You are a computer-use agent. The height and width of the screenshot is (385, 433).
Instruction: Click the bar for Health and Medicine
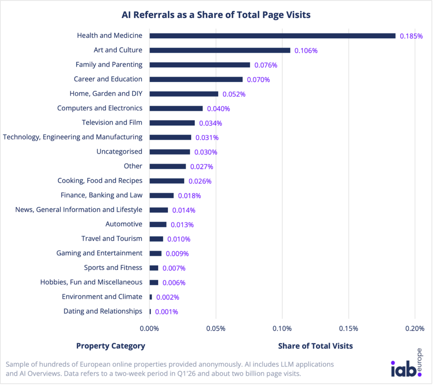tap(272, 36)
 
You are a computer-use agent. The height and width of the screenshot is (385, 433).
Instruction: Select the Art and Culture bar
tap(220, 50)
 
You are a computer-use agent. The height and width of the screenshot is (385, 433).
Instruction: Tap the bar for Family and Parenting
tap(200, 65)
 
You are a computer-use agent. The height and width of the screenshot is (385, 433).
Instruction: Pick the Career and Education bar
tap(196, 79)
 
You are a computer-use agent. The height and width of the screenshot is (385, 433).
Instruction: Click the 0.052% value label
tap(234, 94)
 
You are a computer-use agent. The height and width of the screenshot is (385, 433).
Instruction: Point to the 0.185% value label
tap(411, 36)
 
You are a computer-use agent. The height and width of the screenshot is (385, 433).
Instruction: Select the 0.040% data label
tap(218, 108)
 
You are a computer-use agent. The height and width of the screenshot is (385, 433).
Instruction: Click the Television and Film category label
tap(112, 122)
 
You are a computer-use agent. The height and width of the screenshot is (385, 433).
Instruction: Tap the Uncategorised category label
tap(119, 152)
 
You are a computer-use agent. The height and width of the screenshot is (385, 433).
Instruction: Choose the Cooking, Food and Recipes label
tap(100, 180)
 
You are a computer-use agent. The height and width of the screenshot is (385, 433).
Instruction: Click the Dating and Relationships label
tap(103, 311)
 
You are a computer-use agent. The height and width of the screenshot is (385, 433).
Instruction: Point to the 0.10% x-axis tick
tap(282, 329)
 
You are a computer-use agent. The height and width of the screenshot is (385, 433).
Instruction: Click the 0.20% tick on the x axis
tap(414, 329)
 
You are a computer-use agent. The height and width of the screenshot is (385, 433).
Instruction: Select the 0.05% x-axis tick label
tap(216, 329)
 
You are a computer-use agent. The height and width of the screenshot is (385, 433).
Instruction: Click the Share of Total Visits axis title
tap(315, 346)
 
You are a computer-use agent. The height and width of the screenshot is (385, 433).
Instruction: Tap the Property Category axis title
tap(110, 346)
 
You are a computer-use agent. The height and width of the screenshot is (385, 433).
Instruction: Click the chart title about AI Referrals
tap(216, 15)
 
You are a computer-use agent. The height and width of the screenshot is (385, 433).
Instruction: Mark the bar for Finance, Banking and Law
tap(162, 195)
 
